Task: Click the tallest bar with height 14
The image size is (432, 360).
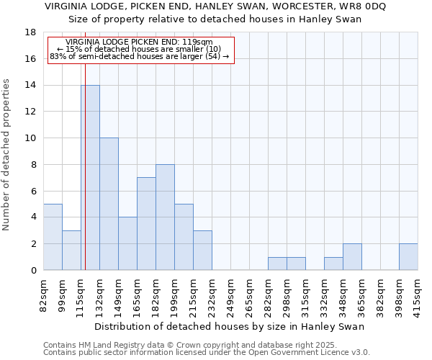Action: [x=90, y=177]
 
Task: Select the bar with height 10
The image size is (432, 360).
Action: [x=109, y=204]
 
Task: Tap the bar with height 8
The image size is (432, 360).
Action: [x=165, y=217]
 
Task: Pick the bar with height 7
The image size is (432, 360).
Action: [x=146, y=223]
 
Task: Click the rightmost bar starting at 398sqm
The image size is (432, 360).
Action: [x=408, y=257]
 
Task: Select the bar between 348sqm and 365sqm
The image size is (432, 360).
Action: [x=352, y=257]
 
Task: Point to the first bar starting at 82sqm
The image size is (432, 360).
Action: [x=53, y=237]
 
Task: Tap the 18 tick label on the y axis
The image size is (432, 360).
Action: [x=30, y=32]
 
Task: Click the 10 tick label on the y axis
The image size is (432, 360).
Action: [x=30, y=138]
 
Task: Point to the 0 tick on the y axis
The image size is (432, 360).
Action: [x=33, y=271]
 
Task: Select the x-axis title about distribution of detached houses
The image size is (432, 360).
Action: [x=230, y=326]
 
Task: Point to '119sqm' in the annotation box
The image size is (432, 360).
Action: [x=198, y=42]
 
